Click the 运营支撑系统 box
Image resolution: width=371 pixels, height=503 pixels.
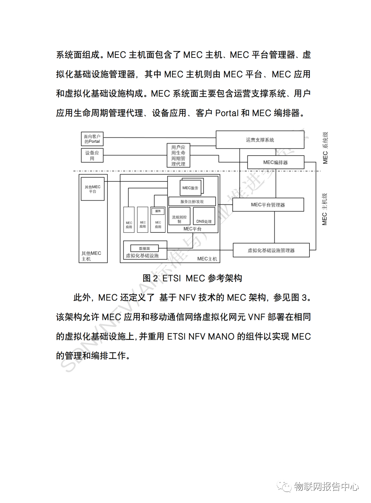pos(260,140)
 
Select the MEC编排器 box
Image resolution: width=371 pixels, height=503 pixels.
pos(275,162)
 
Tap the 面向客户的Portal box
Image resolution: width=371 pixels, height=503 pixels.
pos(92,139)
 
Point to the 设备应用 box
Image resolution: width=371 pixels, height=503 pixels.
pos(92,155)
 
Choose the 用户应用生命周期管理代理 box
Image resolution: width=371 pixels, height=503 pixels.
pos(178,155)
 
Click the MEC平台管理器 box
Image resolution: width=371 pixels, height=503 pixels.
pos(268,205)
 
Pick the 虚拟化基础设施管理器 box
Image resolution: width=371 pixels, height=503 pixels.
pos(271,250)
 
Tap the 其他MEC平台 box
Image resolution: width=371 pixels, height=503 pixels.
pos(92,189)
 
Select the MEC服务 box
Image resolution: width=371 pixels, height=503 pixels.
pos(190,188)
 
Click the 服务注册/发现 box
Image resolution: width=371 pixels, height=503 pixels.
pos(192,201)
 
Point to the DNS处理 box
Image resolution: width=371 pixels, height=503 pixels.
pos(204,216)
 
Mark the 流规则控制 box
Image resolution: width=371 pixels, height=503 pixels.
pos(179,217)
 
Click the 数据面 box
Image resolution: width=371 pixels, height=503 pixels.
pos(144,248)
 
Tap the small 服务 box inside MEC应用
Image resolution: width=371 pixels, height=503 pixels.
pos(158,211)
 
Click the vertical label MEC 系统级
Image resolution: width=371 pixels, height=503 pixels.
pos(325,148)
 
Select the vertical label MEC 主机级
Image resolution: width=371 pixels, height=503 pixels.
pos(325,209)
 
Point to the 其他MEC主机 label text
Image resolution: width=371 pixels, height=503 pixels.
pos(91,256)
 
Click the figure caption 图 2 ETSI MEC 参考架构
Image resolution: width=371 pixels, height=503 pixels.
pos(192,278)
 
